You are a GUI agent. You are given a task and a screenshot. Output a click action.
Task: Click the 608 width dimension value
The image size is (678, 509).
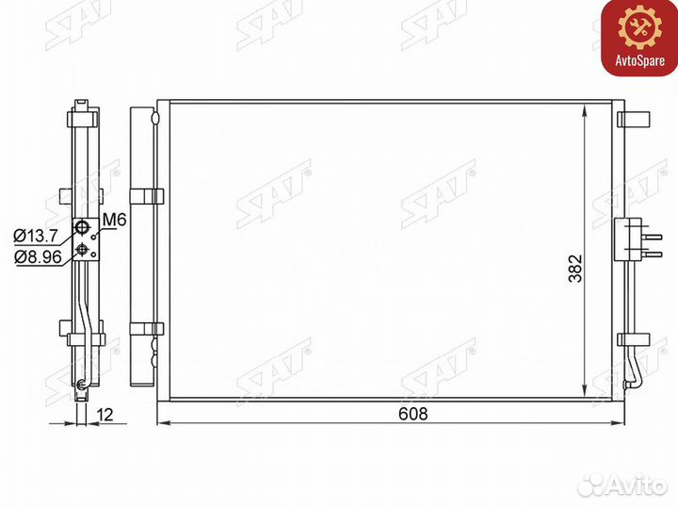pyautogui.click(x=413, y=414)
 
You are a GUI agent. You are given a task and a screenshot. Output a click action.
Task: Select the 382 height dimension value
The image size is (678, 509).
pyautogui.click(x=575, y=269)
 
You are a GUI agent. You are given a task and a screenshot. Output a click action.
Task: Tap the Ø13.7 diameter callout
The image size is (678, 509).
pyautogui.click(x=35, y=236)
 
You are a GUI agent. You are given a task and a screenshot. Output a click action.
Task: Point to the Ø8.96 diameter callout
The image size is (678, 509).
pyautogui.click(x=38, y=256)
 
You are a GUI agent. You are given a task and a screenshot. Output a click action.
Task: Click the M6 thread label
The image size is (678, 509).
pyautogui.click(x=114, y=221)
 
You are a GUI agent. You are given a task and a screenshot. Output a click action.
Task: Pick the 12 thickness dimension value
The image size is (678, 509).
pyautogui.click(x=105, y=415)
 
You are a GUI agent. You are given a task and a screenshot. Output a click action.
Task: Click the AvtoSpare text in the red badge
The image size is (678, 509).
pyautogui.click(x=640, y=60)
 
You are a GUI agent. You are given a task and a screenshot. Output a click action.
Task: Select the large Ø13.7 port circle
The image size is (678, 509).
pyautogui.click(x=82, y=226)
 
